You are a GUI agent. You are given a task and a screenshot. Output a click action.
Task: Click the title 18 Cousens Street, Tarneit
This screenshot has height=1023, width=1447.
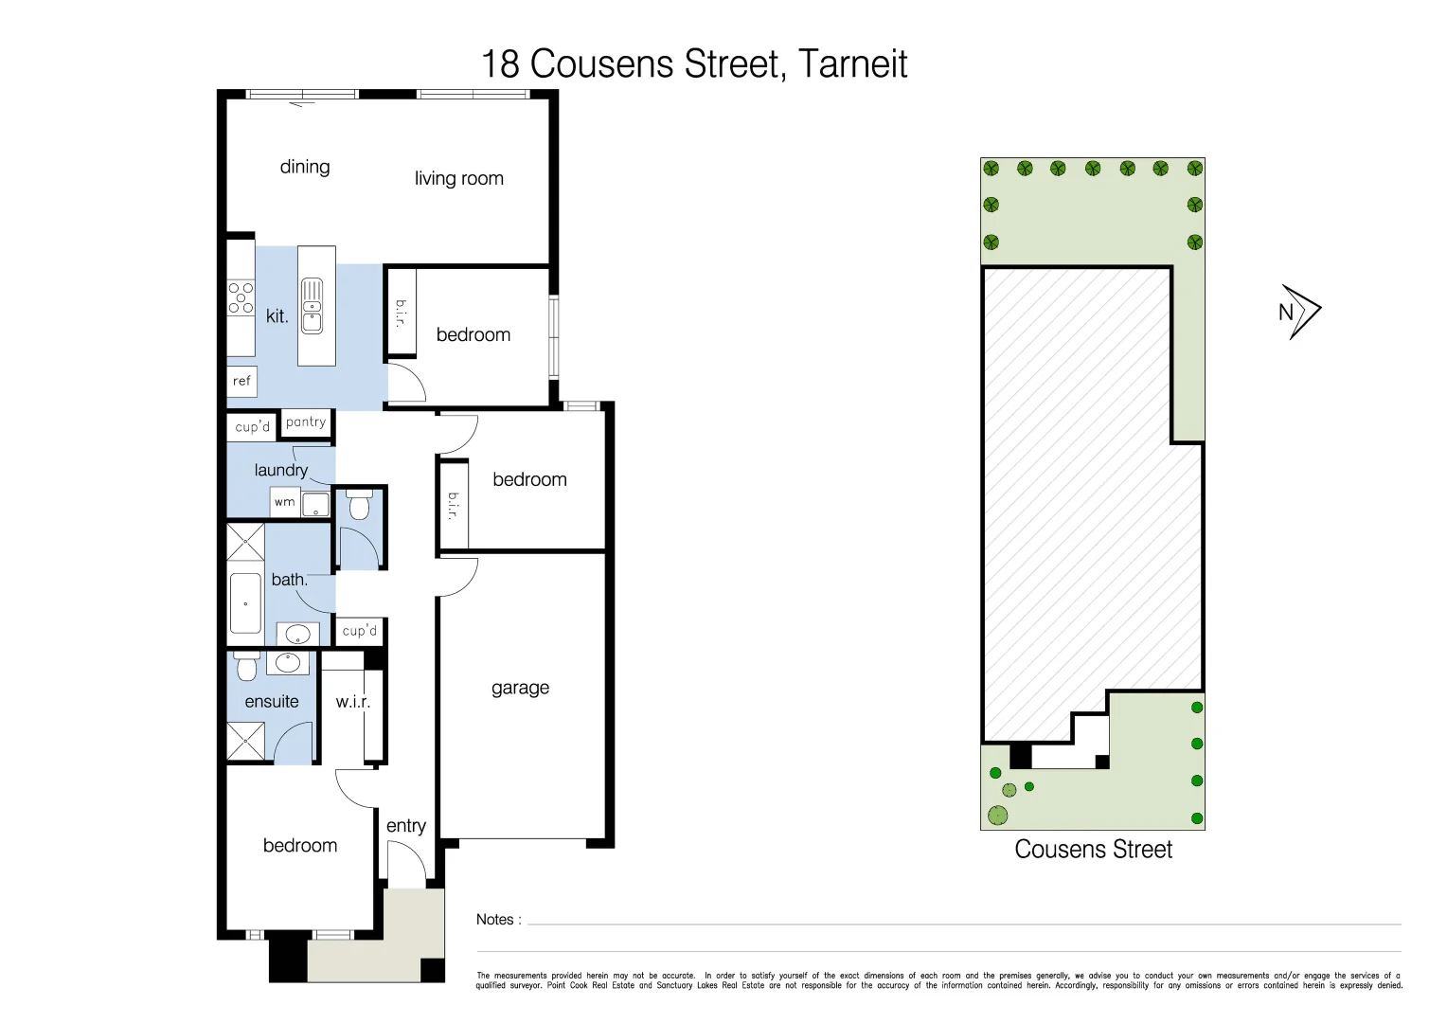coord(694,64)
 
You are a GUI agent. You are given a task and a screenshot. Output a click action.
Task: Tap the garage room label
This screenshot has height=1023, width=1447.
coord(520,688)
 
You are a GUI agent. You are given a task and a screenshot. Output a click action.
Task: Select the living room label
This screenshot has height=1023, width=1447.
coord(458,178)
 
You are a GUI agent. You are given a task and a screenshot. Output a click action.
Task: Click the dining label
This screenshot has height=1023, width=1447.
coord(305,167)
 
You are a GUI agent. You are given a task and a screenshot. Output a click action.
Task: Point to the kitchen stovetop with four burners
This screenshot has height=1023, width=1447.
coord(241,297)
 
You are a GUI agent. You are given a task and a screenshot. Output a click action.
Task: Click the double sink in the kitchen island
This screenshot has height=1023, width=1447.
coord(312,306)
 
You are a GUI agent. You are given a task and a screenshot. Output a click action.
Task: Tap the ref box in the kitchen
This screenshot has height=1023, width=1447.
coord(241,381)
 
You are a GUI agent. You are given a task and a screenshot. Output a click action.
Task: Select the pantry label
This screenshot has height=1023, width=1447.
coord(306,422)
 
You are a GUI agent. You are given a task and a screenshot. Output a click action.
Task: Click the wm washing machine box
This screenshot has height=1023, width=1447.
coord(285,502)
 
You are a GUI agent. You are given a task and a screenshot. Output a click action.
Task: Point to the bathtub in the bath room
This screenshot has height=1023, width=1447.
coord(245,603)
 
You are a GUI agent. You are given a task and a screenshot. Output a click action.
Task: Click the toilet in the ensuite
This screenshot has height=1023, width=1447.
coord(246,667)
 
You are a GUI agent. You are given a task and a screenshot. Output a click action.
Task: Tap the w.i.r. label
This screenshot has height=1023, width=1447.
coord(352,702)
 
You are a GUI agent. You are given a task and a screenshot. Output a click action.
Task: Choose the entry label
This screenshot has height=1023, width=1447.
coord(406,826)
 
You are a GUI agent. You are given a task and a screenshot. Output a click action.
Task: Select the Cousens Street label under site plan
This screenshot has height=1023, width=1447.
coord(1093,850)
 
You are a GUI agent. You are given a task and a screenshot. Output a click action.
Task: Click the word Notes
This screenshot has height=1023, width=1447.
coord(494,920)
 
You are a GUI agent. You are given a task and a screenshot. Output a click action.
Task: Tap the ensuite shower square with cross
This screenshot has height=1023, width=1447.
coord(246,741)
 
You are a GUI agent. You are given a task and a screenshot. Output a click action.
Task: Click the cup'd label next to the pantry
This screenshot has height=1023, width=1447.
coord(252,427)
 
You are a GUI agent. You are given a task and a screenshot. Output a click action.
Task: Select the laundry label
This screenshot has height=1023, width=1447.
coord(280,470)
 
